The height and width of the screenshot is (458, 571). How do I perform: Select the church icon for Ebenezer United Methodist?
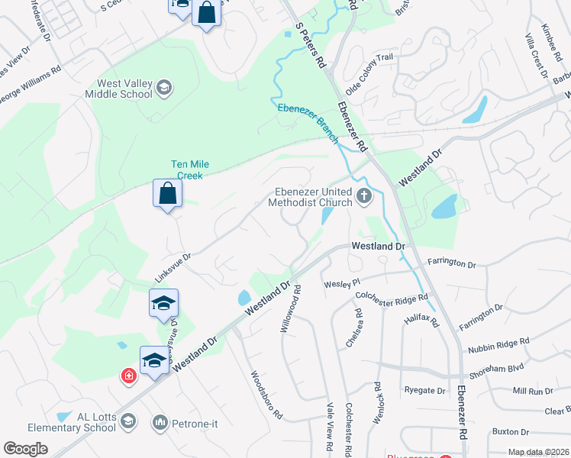point(363,197)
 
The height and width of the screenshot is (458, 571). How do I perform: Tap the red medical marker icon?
point(128,376)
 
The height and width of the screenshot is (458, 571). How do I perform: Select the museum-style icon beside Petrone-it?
point(160,422)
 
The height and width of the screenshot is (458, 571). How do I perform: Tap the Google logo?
point(26,449)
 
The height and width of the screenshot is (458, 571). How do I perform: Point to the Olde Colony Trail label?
point(369,73)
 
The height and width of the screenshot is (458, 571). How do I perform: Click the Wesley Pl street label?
point(341,283)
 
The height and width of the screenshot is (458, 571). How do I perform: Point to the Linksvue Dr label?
point(173,269)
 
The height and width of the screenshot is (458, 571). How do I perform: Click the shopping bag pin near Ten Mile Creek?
point(168,194)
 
